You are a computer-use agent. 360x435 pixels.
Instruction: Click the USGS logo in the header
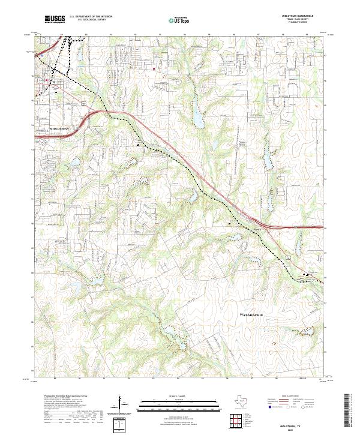(55, 19)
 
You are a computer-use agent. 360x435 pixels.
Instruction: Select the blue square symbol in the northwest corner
(42, 56)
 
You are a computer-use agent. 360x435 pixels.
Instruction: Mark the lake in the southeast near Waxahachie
(251, 259)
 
